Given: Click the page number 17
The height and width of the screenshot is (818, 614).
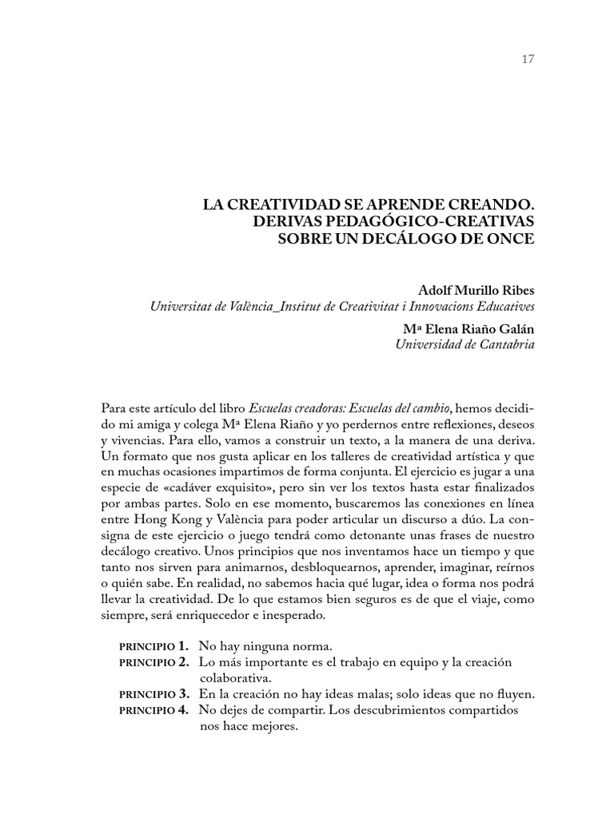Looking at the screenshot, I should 527,58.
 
